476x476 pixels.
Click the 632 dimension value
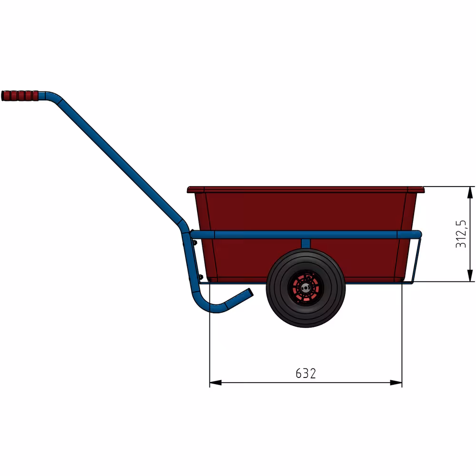[306, 374]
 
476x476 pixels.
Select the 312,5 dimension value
[461, 234]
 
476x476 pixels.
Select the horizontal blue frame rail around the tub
[333, 235]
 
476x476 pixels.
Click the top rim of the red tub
[305, 189]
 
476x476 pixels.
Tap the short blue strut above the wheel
[306, 243]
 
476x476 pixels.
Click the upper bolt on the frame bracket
[194, 242]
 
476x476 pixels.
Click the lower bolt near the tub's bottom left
[200, 277]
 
